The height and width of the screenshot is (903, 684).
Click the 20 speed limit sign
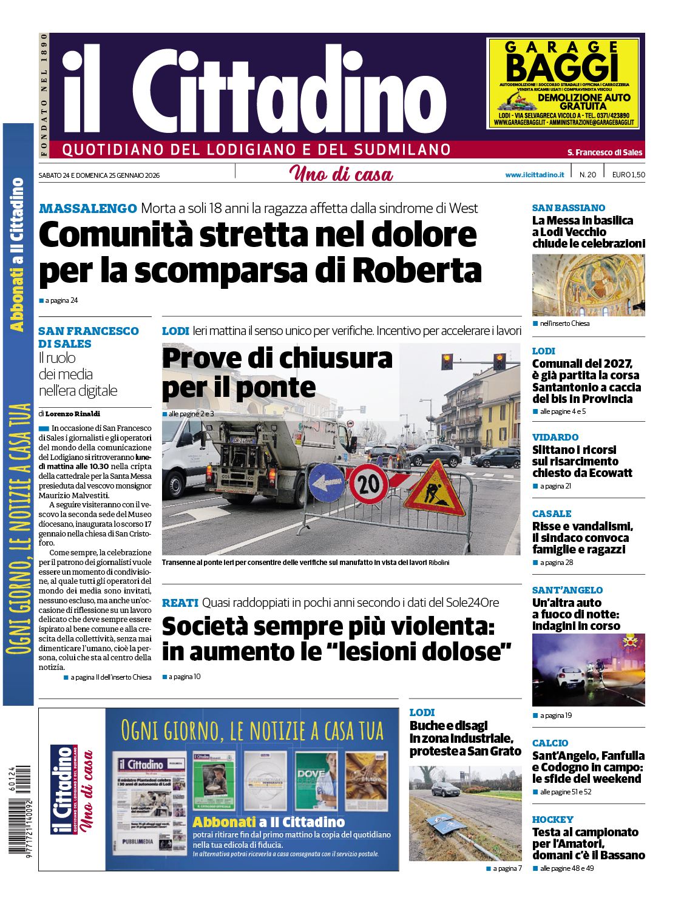[x=368, y=484]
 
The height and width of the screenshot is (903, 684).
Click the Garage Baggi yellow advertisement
[x=563, y=83]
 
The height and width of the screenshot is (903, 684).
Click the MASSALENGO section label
[x=88, y=209]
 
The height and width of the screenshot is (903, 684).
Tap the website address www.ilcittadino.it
[x=534, y=175]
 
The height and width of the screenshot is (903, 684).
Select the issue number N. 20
[x=587, y=175]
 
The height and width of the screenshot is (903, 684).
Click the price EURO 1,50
[x=628, y=175]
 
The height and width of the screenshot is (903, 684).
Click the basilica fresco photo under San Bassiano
[x=588, y=285]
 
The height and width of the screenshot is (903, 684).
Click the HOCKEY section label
[x=552, y=819]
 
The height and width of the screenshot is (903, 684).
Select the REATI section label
[x=180, y=603]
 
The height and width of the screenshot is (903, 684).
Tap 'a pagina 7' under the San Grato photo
[x=507, y=868]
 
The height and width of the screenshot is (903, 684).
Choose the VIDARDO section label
[x=555, y=437]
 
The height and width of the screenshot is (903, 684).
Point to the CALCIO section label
[x=550, y=743]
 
